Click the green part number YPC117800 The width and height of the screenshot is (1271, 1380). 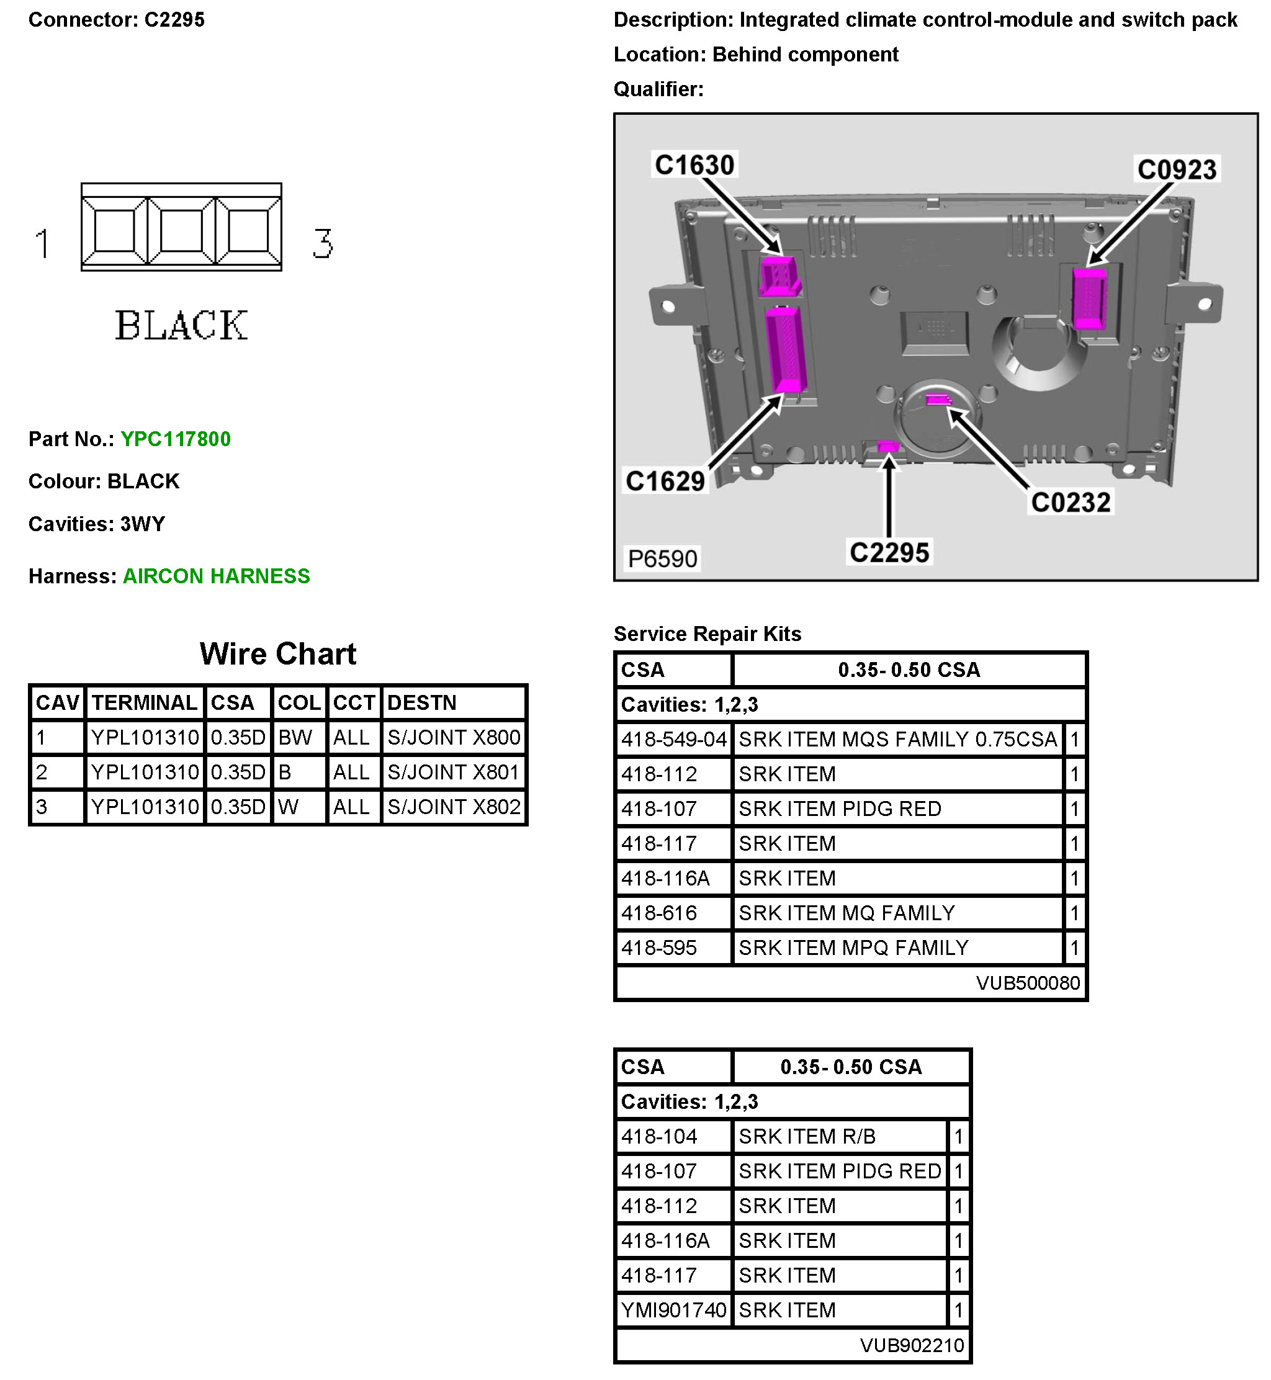tap(176, 439)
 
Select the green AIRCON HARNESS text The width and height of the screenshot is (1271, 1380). tap(216, 576)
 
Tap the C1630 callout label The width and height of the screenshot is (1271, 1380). tap(694, 165)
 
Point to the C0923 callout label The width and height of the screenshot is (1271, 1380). tap(1176, 170)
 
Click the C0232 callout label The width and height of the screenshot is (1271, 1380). tap(1070, 503)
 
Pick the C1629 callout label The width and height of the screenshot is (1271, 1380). tap(665, 482)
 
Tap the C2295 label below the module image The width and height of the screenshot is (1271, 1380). tap(889, 553)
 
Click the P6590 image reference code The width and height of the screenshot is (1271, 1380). tap(662, 559)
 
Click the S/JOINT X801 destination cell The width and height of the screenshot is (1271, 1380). tap(452, 772)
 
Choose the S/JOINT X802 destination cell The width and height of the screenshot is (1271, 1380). tap(453, 807)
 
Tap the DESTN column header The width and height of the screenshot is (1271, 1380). tap(421, 703)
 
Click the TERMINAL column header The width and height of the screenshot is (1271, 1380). tap(145, 703)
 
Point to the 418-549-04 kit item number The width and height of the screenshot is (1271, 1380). tap(673, 740)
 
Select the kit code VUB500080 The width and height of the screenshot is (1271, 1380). tap(1028, 983)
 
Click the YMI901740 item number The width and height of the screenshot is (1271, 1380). tap(673, 1311)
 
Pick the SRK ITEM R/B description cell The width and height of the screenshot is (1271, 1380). tap(807, 1137)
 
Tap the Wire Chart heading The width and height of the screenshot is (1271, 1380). tap(278, 654)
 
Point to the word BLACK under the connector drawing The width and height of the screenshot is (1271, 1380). tap(181, 326)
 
